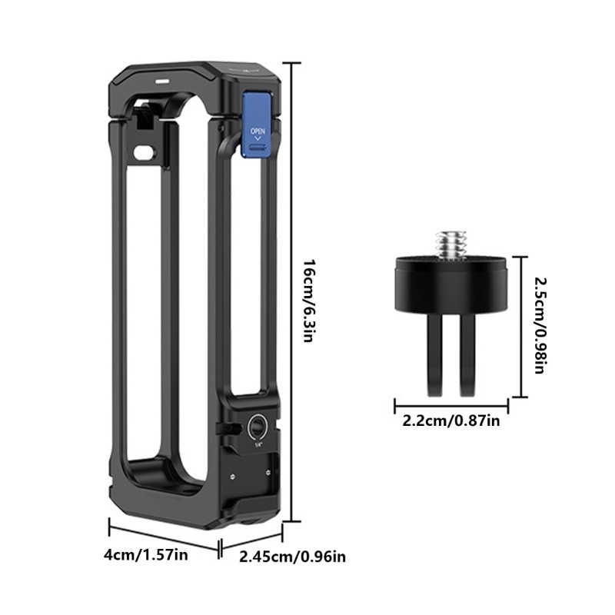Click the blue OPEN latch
[x=256, y=124]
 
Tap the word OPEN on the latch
[x=258, y=131]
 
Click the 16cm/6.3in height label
[x=310, y=301]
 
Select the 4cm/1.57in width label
[x=146, y=555]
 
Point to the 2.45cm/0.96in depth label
[x=293, y=556]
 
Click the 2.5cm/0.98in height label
[x=540, y=325]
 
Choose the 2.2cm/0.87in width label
[x=451, y=421]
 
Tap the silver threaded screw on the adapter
[x=450, y=244]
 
